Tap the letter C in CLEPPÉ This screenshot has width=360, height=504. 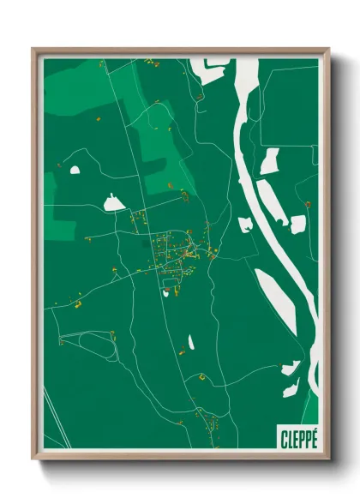coord(284,438)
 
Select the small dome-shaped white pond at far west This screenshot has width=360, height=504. coord(75,170)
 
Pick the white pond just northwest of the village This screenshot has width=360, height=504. coord(113,203)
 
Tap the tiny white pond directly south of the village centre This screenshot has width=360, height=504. coord(165,292)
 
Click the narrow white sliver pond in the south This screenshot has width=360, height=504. coord(190,341)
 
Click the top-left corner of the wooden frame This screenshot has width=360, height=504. coord(33,50)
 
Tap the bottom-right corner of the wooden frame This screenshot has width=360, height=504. coord(327,460)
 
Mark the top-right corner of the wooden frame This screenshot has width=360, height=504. coord(327,50)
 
